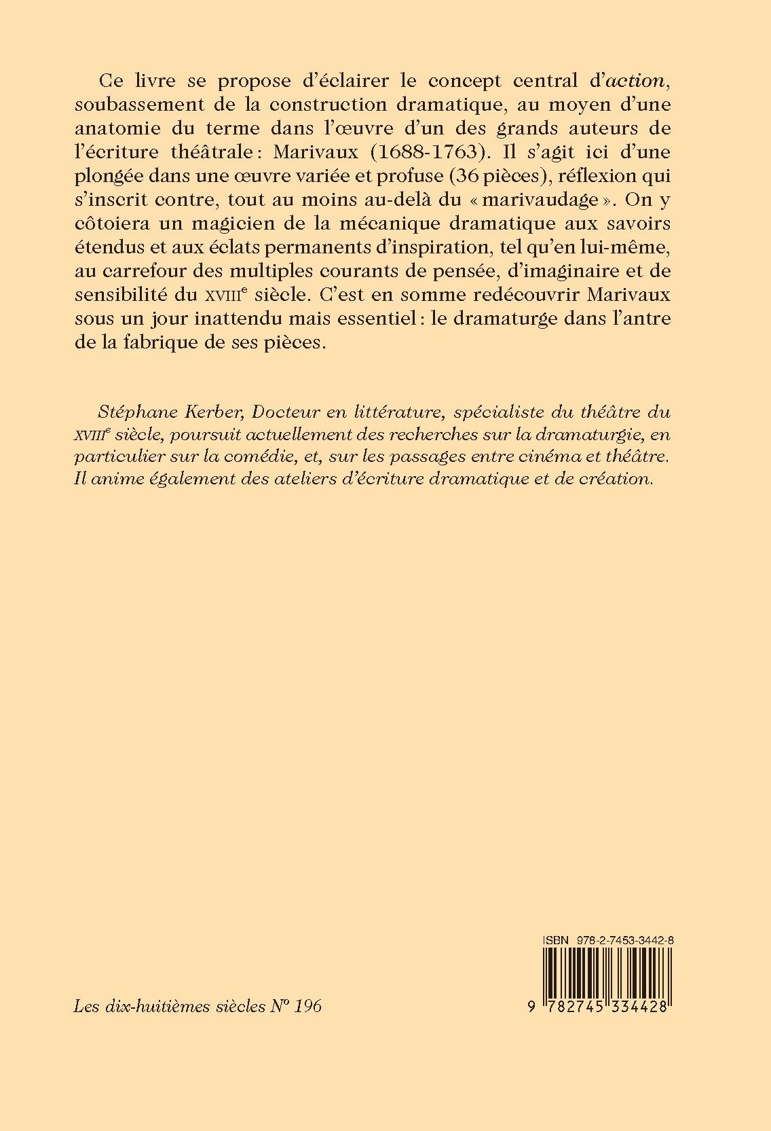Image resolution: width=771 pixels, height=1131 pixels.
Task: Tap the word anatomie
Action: (x=124, y=128)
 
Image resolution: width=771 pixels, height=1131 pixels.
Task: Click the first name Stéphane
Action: (x=130, y=412)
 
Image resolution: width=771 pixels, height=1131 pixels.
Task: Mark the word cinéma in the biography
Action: (x=499, y=456)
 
